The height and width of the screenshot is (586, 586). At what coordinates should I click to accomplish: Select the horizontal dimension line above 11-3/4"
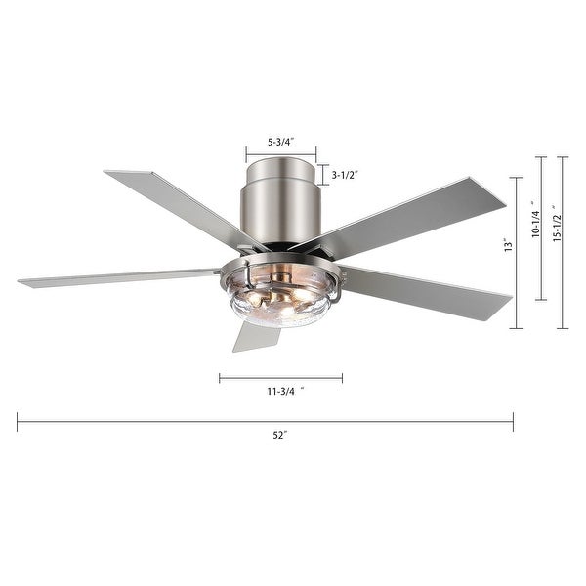[x=280, y=377]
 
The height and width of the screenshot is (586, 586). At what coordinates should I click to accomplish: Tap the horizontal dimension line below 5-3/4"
[x=280, y=154]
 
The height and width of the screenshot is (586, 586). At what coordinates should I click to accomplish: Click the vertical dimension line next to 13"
[x=517, y=252]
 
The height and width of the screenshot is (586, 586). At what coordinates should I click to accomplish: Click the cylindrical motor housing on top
[x=280, y=205]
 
